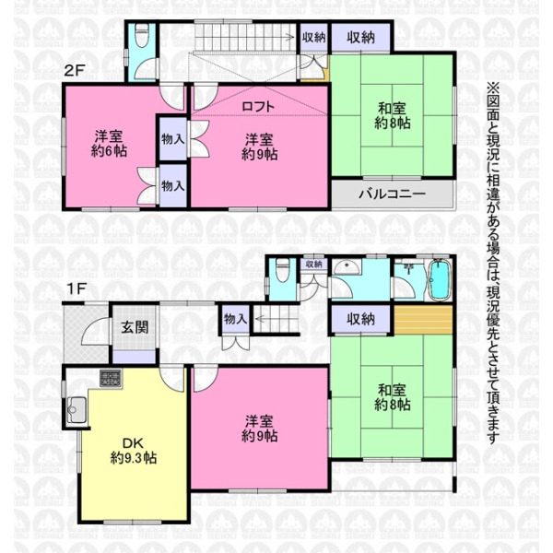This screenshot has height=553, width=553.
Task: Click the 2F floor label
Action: (75, 71)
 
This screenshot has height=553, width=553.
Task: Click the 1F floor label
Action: (76, 289)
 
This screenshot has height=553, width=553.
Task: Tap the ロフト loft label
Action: (258, 107)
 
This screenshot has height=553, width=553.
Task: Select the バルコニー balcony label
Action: (393, 194)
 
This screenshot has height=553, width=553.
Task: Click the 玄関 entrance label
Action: (135, 327)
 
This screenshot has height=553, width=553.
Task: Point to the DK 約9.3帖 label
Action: (134, 451)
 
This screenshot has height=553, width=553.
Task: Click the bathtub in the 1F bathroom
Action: (440, 279)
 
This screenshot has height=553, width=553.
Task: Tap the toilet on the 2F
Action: (141, 35)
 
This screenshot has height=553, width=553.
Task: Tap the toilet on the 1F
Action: (283, 270)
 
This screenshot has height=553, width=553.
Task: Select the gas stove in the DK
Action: (111, 379)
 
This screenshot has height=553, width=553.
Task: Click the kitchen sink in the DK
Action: (76, 409)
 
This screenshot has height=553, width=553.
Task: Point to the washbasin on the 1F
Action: (347, 267)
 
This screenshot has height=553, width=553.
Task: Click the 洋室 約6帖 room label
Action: (109, 144)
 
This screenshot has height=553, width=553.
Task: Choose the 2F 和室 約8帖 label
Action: (393, 116)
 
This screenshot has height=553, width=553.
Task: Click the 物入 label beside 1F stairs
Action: (235, 319)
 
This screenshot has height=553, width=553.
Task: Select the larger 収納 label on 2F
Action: (360, 38)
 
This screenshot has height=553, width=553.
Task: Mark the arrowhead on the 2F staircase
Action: (291, 37)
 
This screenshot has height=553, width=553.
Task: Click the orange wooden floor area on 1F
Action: (422, 320)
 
